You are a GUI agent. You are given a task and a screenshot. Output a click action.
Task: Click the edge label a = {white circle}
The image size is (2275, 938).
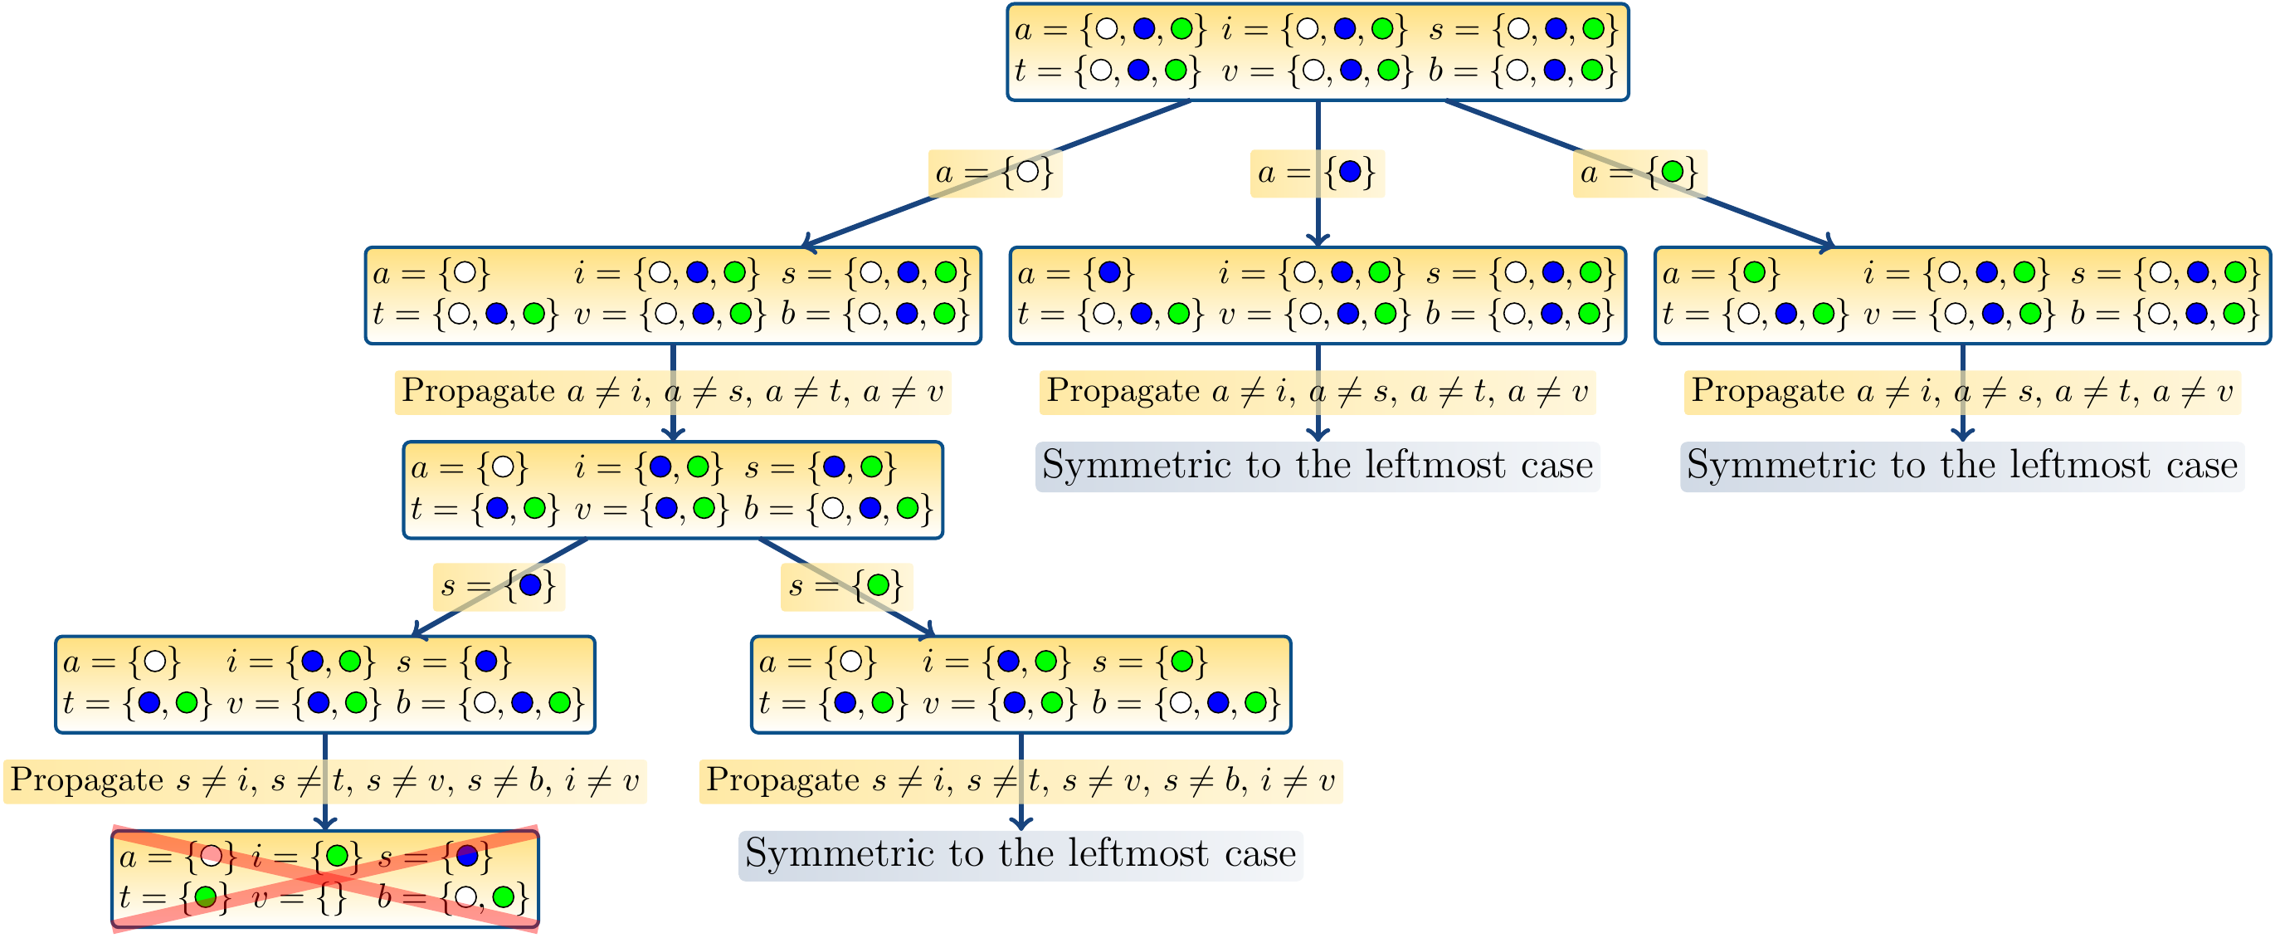pyautogui.click(x=995, y=172)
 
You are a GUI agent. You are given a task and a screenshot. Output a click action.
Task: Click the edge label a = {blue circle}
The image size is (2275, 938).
pyautogui.click(x=1317, y=172)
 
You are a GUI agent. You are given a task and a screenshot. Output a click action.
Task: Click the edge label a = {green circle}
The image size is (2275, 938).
pyautogui.click(x=1639, y=172)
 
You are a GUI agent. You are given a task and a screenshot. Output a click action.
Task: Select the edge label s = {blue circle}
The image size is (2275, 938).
pyautogui.click(x=499, y=585)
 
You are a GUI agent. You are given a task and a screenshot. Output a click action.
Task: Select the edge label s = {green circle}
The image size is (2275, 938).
pyautogui.click(x=846, y=585)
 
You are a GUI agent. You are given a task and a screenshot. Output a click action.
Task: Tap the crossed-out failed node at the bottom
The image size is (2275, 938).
pyautogui.click(x=325, y=879)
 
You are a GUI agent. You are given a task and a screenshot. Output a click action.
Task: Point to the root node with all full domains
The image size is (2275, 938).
pyautogui.click(x=1317, y=51)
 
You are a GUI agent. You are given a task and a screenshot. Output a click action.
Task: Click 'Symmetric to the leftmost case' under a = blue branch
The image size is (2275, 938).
pyautogui.click(x=1317, y=466)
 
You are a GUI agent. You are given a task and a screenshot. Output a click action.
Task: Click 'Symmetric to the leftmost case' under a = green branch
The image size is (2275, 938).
pyautogui.click(x=1961, y=466)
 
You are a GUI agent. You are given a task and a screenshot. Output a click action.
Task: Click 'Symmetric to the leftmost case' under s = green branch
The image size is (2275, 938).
pyautogui.click(x=1020, y=854)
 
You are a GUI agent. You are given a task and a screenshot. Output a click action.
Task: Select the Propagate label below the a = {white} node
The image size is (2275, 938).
pyautogui.click(x=672, y=391)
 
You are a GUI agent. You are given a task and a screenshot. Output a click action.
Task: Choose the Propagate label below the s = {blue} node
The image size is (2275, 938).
pyautogui.click(x=325, y=781)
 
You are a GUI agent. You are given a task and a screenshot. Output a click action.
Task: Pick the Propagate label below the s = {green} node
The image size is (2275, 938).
pyautogui.click(x=1020, y=781)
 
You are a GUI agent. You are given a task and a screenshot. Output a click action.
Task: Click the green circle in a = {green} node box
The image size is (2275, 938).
pyautogui.click(x=1754, y=273)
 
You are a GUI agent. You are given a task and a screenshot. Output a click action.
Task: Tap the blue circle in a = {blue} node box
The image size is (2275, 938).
pyautogui.click(x=1109, y=273)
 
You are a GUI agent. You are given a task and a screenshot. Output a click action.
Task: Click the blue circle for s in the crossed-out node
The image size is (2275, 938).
pyautogui.click(x=467, y=856)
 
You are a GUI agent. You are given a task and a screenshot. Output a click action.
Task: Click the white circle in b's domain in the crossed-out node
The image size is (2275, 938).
pyautogui.click(x=465, y=898)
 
